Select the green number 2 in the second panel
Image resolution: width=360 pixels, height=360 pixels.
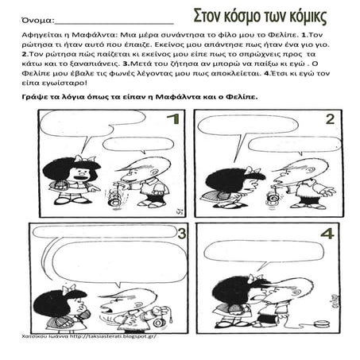pos(329,120)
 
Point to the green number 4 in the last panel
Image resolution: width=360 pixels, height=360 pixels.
pos(327,235)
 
